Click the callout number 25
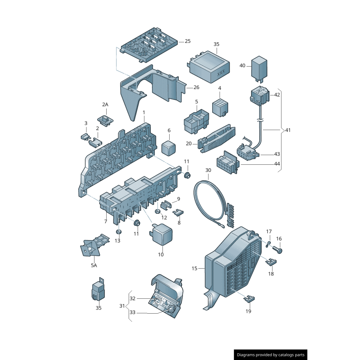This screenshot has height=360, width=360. pyautogui.click(x=187, y=41)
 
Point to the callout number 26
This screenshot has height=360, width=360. pyautogui.click(x=196, y=87)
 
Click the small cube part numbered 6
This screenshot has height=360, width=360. pyautogui.click(x=169, y=146)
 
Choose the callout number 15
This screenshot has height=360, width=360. pyautogui.click(x=194, y=269)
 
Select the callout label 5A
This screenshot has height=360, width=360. pyautogui.click(x=94, y=265)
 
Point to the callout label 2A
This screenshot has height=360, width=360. pyautogui.click(x=105, y=105)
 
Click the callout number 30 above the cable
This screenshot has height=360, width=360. pyautogui.click(x=208, y=171)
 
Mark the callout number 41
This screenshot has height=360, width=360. pyautogui.click(x=288, y=130)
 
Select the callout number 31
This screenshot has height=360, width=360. pyautogui.click(x=122, y=306)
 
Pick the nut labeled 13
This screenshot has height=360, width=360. pyautogui.click(x=119, y=232)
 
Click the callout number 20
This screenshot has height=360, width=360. pyautogui.click(x=189, y=144)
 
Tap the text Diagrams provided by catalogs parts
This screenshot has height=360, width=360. pyautogui.click(x=271, y=355)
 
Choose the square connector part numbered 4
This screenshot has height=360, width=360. pyautogui.click(x=220, y=107)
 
